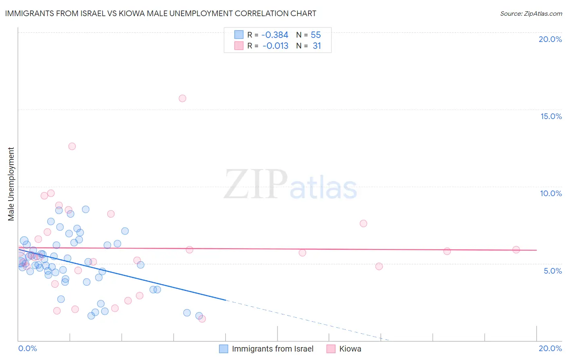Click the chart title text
(161, 13)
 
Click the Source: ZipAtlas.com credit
(531, 13)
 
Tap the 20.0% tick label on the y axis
(550, 39)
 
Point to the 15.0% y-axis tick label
(551, 116)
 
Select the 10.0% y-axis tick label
(551, 193)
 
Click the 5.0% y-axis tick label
(552, 271)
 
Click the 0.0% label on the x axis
(27, 348)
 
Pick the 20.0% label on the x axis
(550, 348)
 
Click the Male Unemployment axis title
(11, 184)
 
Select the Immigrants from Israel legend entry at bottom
(273, 349)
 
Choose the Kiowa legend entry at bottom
(350, 349)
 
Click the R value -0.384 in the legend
(275, 35)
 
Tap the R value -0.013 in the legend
(275, 46)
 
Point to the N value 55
(316, 35)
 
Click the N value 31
(317, 46)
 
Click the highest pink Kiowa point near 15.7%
(182, 98)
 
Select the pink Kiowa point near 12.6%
(72, 147)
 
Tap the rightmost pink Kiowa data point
(516, 250)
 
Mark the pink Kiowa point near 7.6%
(363, 224)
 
